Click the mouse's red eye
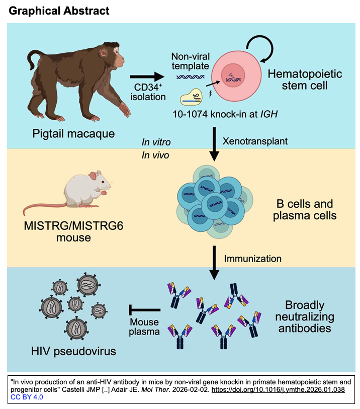tap(103, 182)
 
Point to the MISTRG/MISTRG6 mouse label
tap(73, 228)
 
